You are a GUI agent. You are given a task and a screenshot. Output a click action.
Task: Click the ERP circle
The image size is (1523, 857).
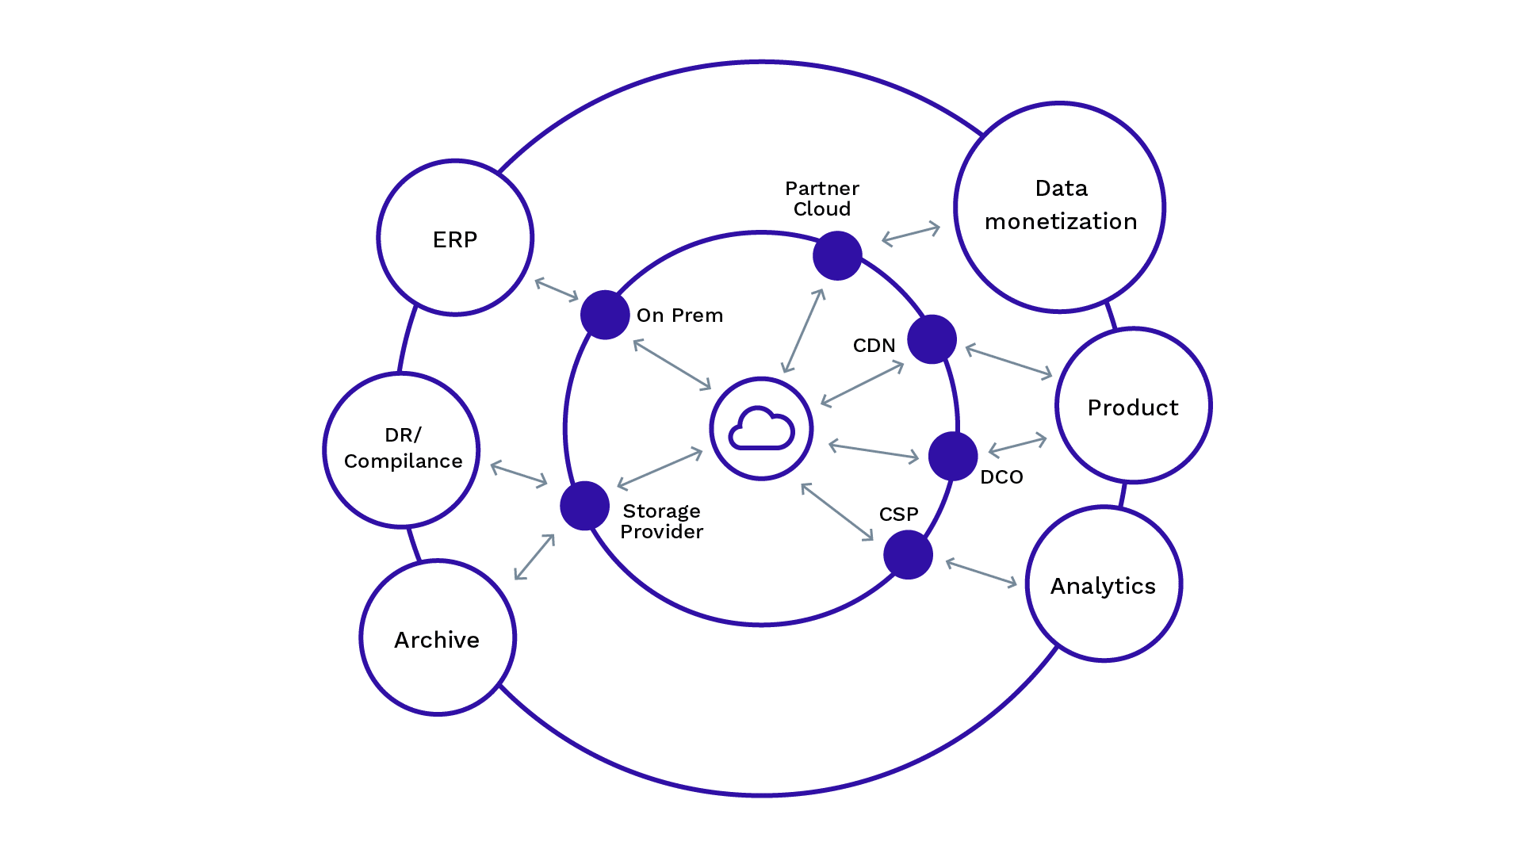pyautogui.click(x=455, y=238)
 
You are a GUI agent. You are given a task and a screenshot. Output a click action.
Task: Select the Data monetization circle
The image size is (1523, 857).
pyautogui.click(x=1060, y=206)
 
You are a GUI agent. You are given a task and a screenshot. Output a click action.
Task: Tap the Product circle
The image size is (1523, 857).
pyautogui.click(x=1133, y=405)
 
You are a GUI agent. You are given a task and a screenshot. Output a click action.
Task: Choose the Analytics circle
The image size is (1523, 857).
pyautogui.click(x=1104, y=584)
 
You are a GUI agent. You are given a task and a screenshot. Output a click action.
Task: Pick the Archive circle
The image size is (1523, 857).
pyautogui.click(x=438, y=638)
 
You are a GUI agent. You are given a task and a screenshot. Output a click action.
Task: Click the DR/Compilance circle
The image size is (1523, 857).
pyautogui.click(x=402, y=450)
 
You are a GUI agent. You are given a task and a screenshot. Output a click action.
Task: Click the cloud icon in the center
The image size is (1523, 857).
pyautogui.click(x=761, y=428)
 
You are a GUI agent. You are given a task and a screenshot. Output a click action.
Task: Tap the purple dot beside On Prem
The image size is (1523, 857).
pyautogui.click(x=605, y=315)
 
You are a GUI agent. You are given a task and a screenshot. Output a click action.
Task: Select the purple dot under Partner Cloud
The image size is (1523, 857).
pyautogui.click(x=837, y=255)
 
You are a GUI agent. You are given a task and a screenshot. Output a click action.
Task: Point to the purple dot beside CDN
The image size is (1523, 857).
pyautogui.click(x=932, y=339)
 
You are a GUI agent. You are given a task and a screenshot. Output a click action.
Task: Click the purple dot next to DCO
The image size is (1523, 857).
pyautogui.click(x=953, y=456)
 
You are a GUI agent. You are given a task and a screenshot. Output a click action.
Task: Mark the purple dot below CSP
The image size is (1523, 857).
pyautogui.click(x=908, y=555)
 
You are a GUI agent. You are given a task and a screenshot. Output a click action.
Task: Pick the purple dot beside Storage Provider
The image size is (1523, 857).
pyautogui.click(x=584, y=506)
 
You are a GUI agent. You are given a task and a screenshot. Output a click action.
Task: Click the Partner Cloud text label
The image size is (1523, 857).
pyautogui.click(x=822, y=198)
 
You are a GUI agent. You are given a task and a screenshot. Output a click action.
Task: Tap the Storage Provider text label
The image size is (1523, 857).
pyautogui.click(x=661, y=521)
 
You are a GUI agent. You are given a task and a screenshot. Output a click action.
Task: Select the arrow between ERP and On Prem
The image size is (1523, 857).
pyautogui.click(x=557, y=289)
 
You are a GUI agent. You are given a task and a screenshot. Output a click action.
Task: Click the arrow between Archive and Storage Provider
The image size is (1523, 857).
pyautogui.click(x=534, y=557)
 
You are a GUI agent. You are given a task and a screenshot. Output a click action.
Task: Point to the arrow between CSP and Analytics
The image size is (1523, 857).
pyautogui.click(x=982, y=573)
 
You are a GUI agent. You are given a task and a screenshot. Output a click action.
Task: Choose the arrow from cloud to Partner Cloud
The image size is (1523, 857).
pyautogui.click(x=803, y=331)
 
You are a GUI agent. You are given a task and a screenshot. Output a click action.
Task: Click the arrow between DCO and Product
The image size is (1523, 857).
pyautogui.click(x=1017, y=445)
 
